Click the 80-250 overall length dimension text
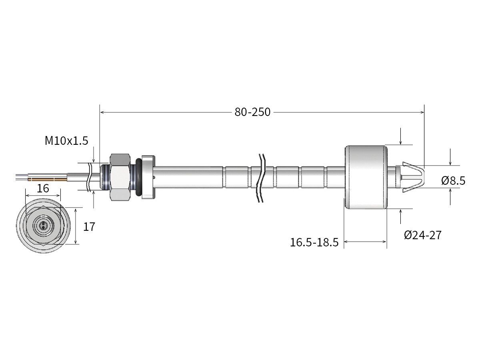252,112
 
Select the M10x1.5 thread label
66,140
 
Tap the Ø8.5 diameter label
453,181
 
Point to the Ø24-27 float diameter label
422,235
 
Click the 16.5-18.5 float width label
314,242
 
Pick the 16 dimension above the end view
43,188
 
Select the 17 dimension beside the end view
89,227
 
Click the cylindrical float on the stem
366,177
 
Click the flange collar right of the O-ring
148,177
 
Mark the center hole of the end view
44,226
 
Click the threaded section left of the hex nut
105,177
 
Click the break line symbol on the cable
90,176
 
